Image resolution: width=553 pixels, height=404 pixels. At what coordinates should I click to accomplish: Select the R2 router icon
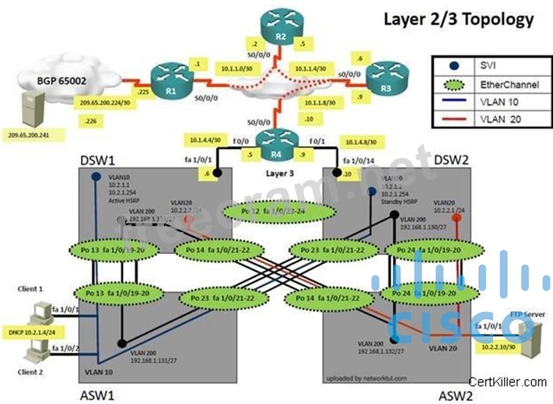[274, 21]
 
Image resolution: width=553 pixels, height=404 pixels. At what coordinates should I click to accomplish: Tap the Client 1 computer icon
[37, 310]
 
